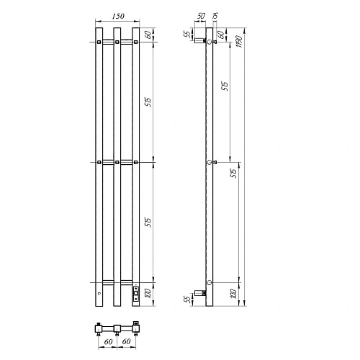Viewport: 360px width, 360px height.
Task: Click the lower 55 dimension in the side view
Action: [x=187, y=299]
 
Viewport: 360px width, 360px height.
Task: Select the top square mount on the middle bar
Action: [x=115, y=42]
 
